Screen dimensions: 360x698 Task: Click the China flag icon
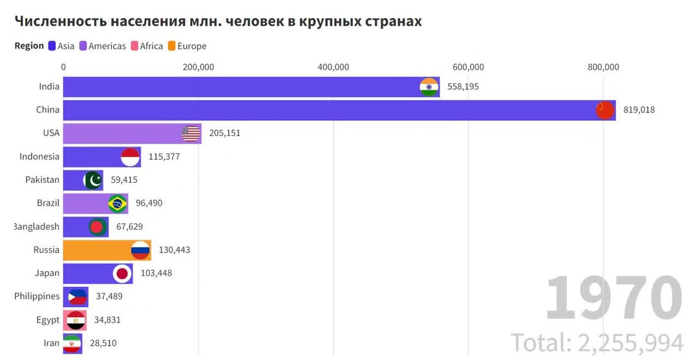tap(605, 111)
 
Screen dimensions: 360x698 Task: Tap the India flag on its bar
tap(429, 87)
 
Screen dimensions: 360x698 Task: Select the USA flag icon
tap(191, 134)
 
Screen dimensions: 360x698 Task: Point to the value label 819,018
tap(639, 110)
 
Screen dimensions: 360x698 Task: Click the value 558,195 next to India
tap(463, 87)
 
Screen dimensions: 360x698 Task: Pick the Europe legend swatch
tap(172, 46)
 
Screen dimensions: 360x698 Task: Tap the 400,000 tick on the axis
tap(333, 67)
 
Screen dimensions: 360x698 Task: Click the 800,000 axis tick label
tap(603, 67)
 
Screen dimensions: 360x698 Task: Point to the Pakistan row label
tap(43, 180)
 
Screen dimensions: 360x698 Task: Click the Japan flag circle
tap(122, 273)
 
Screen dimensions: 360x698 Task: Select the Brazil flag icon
tap(118, 204)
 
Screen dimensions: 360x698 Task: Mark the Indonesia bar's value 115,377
tap(165, 156)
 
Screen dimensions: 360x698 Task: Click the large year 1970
tap(614, 298)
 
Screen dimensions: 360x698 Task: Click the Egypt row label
tap(48, 320)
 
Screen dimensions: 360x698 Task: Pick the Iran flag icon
tap(72, 344)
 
